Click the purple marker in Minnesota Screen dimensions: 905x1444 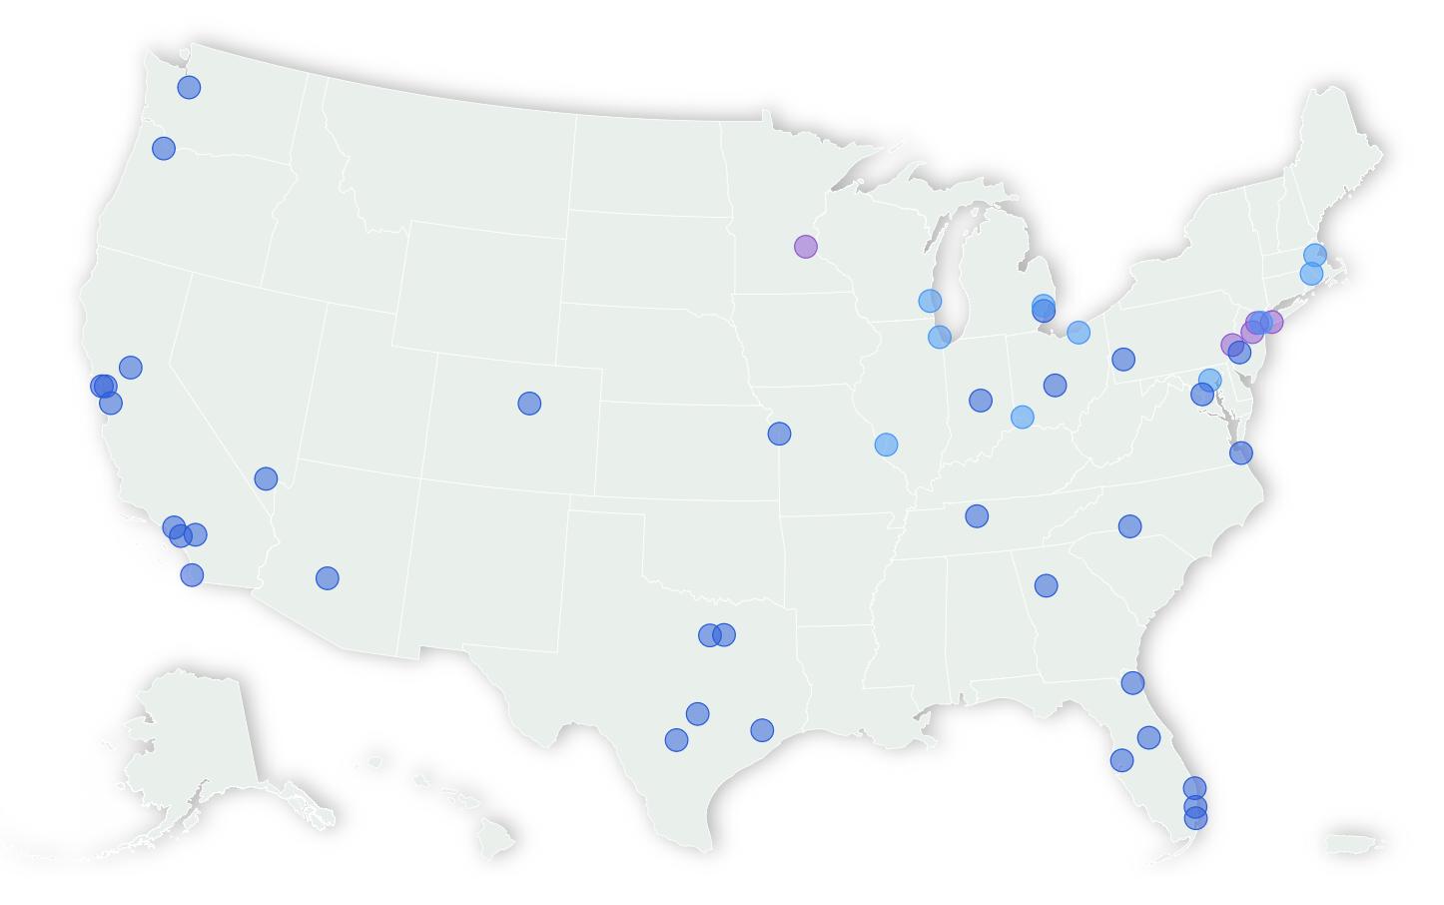(x=806, y=247)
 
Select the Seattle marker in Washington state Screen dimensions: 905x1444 (x=189, y=88)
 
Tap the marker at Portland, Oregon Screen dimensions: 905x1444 (x=164, y=149)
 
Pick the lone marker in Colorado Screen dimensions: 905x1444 (x=529, y=404)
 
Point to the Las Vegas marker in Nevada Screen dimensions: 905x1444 (x=266, y=478)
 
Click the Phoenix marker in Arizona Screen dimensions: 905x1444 (x=328, y=578)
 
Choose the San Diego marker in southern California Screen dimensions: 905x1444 (x=192, y=575)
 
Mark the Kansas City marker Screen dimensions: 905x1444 (x=780, y=434)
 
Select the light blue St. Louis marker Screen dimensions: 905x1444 (x=886, y=445)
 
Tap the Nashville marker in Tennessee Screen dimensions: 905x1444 (x=977, y=516)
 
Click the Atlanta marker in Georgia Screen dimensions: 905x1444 (x=1046, y=585)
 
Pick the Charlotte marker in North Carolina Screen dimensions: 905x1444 (x=1129, y=526)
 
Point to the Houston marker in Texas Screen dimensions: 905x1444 (x=762, y=730)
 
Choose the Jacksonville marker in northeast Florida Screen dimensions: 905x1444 (x=1132, y=683)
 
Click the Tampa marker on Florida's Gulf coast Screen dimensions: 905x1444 (x=1121, y=761)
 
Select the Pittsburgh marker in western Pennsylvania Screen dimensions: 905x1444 (x=1123, y=360)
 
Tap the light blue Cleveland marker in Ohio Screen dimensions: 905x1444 (x=1079, y=333)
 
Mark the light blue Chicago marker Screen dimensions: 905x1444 (x=940, y=337)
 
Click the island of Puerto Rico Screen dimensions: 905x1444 (x=1355, y=844)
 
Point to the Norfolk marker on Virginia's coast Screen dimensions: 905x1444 (x=1240, y=453)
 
